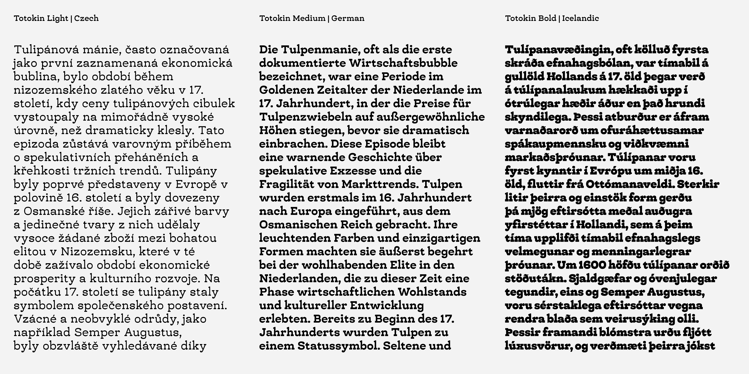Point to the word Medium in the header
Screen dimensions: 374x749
(309, 18)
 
